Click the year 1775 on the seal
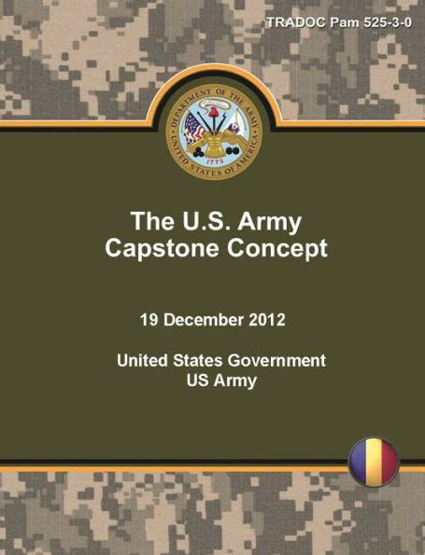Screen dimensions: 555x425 click(x=214, y=160)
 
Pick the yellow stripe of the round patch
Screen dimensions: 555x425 click(x=373, y=462)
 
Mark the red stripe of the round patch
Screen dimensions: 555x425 click(x=389, y=462)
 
